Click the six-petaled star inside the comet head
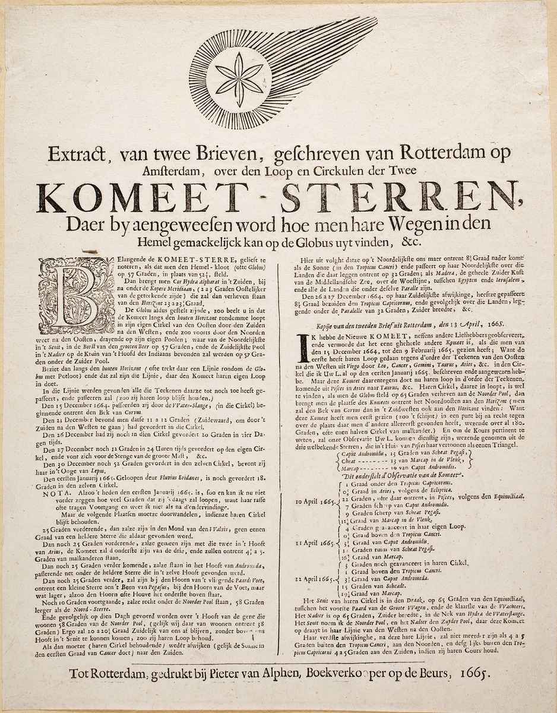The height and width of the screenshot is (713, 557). click(x=239, y=79)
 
